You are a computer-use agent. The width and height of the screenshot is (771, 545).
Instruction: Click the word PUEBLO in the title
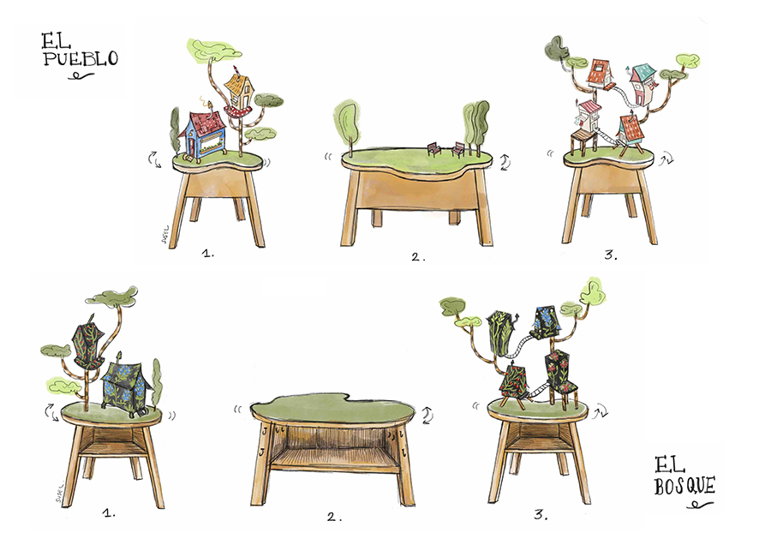click(x=81, y=58)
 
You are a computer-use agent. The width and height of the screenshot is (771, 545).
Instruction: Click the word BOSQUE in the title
click(x=684, y=486)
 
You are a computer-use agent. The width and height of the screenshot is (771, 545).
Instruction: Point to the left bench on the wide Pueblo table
click(x=433, y=149)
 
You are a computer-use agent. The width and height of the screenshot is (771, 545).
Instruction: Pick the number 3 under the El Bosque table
click(x=541, y=514)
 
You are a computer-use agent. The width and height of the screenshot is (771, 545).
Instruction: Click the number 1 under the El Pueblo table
click(x=208, y=254)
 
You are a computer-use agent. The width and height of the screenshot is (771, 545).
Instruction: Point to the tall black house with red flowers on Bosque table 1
click(x=89, y=344)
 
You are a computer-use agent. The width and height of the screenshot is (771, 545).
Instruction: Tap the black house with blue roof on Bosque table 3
click(x=546, y=322)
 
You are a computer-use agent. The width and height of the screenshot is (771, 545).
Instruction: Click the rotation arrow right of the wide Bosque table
click(x=427, y=415)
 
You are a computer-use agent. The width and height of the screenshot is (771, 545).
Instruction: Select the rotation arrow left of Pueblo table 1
click(x=155, y=160)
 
